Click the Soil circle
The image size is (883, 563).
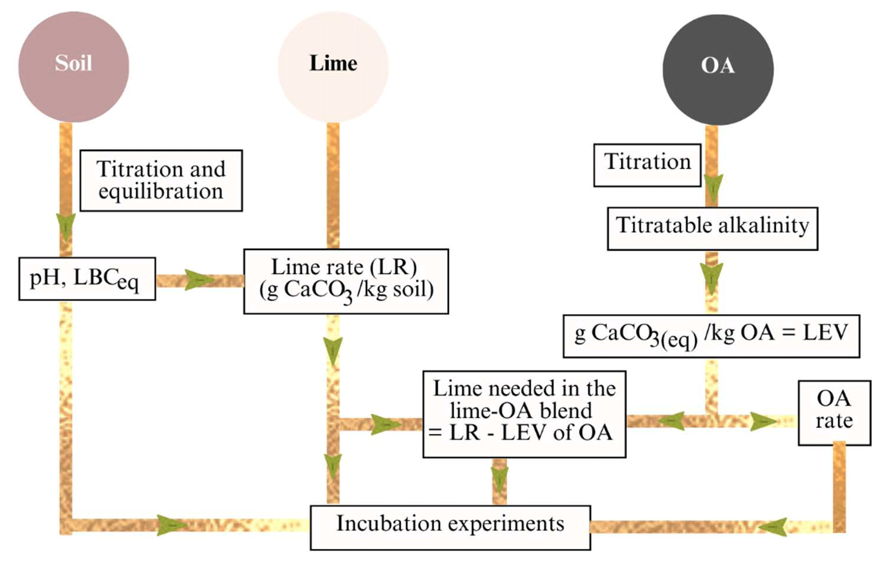[74, 67]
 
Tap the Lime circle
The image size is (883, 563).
[333, 67]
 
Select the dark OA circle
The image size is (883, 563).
[717, 69]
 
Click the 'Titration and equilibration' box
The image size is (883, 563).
[161, 180]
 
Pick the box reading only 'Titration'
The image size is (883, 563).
[647, 165]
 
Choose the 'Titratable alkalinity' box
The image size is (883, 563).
[712, 228]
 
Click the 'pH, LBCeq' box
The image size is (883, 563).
[87, 279]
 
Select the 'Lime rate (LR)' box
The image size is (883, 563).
[346, 281]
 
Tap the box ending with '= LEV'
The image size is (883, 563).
[711, 336]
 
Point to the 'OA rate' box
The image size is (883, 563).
[834, 413]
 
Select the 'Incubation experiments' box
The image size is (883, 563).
[450, 527]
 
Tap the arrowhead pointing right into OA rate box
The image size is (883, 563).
[764, 422]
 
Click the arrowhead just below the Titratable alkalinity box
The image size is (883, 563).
[712, 277]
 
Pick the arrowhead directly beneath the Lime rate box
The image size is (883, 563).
[333, 350]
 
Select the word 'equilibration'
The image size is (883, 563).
[161, 192]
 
